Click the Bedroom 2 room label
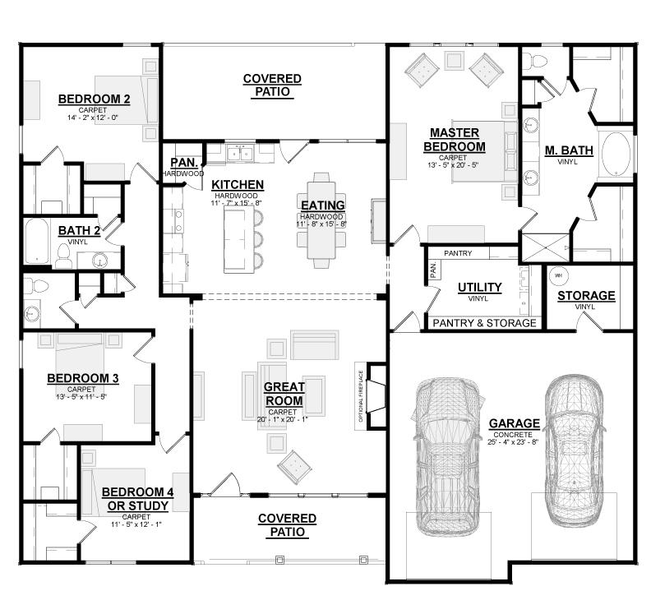coord(94,100)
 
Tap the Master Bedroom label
coord(458,140)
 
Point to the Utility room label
coord(479,287)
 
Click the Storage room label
coord(585,296)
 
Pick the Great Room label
coord(284,394)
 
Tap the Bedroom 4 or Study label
coord(137,498)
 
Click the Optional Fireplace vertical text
coord(360,395)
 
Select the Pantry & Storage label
coord(484,323)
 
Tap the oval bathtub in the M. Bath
coord(617,152)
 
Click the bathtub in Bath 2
coord(35,240)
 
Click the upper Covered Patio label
coord(272,85)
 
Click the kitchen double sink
coord(241,153)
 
